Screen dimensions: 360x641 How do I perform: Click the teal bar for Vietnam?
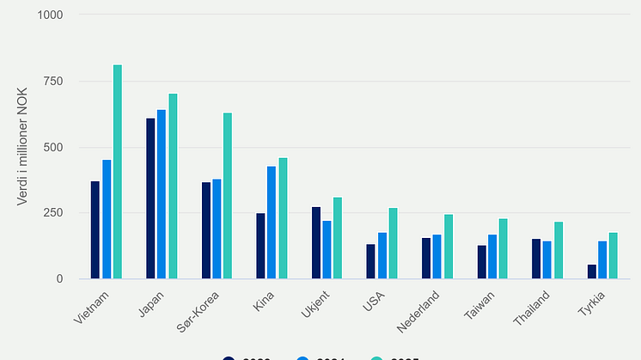point(118,172)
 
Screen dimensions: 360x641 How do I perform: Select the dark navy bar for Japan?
point(150,198)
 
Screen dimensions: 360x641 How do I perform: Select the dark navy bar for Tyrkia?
point(591,272)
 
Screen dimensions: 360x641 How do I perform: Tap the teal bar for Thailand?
point(559,250)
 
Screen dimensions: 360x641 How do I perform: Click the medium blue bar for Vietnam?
point(107,219)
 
